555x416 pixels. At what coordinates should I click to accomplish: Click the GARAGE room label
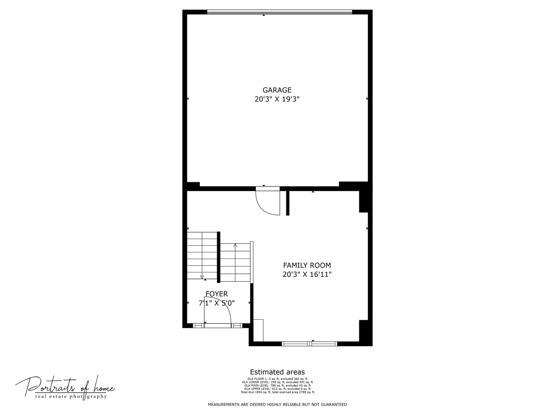point(277,90)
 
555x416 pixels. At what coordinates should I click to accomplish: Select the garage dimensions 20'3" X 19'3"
point(277,99)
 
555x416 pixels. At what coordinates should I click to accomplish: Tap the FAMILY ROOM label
point(307,265)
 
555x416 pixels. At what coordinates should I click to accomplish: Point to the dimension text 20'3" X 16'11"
point(307,275)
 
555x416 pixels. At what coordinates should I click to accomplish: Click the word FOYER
point(217,294)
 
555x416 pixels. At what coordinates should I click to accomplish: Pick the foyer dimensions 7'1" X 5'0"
point(217,303)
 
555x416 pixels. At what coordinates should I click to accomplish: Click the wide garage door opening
point(279,12)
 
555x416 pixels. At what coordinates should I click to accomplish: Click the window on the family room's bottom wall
point(309,344)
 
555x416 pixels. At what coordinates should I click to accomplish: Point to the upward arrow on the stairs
point(235,245)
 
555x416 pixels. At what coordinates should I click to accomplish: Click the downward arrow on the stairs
point(202,277)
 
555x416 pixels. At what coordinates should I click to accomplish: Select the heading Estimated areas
point(277,372)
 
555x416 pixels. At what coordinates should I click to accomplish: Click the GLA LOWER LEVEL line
point(277,382)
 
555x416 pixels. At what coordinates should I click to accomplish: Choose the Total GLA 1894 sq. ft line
point(277,392)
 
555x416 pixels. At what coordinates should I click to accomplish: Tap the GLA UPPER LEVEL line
point(277,389)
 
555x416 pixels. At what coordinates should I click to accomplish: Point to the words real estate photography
point(71,397)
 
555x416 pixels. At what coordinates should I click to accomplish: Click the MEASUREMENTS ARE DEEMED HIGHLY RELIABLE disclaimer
point(277,404)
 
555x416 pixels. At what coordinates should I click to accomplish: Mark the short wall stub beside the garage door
point(288,202)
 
